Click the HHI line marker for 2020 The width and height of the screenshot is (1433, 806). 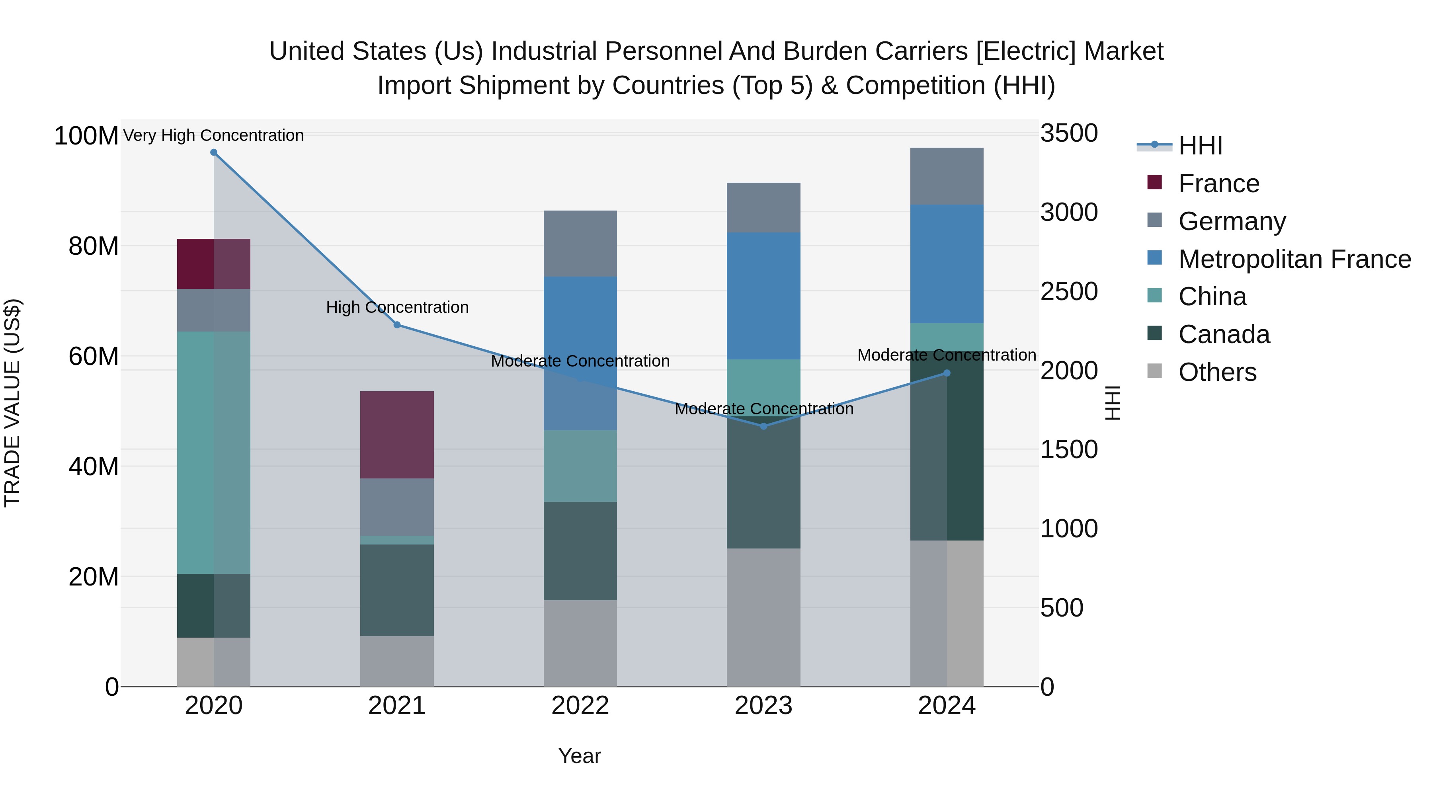[x=214, y=152]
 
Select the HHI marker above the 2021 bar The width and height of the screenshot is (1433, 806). [x=396, y=325]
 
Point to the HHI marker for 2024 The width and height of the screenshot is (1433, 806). [x=947, y=373]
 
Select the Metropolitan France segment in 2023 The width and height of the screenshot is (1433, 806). [x=763, y=295]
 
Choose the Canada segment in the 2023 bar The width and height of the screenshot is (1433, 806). [x=763, y=482]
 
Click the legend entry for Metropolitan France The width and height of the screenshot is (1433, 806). [x=1294, y=259]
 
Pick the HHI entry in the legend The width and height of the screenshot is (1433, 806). [x=1200, y=146]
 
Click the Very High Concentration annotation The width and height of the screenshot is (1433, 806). [x=214, y=135]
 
